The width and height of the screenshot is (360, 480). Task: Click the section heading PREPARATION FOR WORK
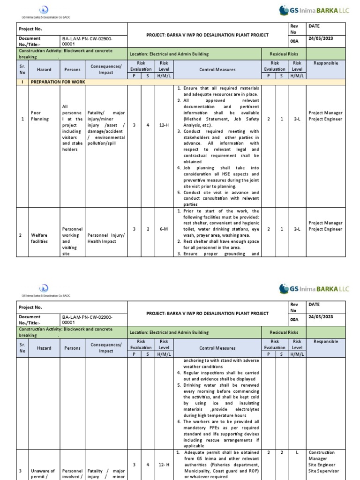tap(58, 82)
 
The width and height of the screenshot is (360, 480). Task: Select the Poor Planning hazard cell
tap(39, 116)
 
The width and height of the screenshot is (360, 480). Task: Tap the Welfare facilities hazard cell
tap(39, 238)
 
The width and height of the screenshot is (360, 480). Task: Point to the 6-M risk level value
tap(164, 229)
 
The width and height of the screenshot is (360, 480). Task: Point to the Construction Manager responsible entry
tap(321, 456)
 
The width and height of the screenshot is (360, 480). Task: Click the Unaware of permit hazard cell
tap(43, 474)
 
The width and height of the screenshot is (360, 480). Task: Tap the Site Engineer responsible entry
tap(322, 465)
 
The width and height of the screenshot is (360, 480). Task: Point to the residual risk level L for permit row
tap(297, 453)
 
